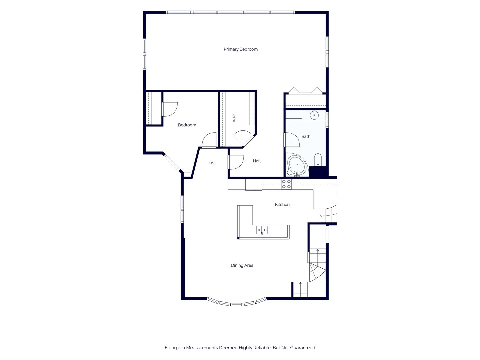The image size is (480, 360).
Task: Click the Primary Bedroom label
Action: click(x=240, y=49)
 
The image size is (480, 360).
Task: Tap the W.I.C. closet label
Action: click(x=234, y=118)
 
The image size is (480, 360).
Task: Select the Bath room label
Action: click(x=306, y=136)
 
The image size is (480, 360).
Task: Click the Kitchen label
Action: click(x=282, y=204)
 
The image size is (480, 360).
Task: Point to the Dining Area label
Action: click(x=242, y=265)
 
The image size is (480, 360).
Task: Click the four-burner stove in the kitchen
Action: click(x=286, y=184)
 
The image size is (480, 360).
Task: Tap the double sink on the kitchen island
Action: click(x=262, y=230)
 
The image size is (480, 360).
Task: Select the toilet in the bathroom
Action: click(x=318, y=159)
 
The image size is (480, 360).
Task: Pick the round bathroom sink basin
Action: click(x=314, y=115)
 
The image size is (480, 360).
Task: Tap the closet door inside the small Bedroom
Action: click(x=169, y=109)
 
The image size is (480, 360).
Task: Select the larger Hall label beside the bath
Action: click(x=257, y=161)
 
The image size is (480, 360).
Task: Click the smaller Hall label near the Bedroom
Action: click(x=212, y=163)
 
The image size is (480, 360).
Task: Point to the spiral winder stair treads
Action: click(x=317, y=272)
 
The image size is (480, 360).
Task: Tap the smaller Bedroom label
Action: click(x=187, y=125)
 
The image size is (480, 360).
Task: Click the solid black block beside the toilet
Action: click(x=319, y=172)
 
